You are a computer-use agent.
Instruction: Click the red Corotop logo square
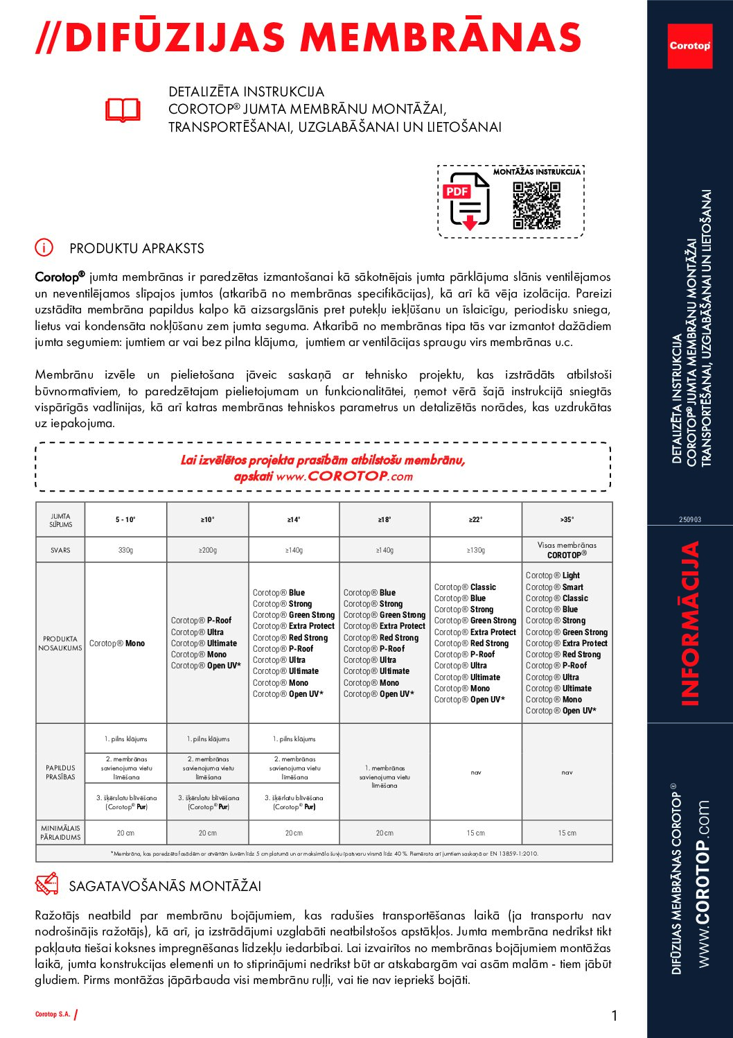click(689, 46)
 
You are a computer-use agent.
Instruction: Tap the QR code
click(536, 205)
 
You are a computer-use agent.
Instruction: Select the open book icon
click(123, 110)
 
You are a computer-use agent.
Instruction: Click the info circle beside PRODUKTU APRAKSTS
click(44, 248)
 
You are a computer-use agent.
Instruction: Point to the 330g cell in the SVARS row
click(125, 550)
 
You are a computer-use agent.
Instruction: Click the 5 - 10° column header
click(125, 519)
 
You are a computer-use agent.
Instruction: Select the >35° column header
click(567, 519)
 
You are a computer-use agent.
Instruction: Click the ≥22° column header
click(475, 519)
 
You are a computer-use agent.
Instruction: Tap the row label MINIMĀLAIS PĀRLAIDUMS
click(60, 833)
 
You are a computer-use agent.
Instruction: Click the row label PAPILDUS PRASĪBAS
click(60, 772)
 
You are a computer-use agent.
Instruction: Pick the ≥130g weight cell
click(475, 550)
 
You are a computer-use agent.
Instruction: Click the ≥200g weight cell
click(207, 550)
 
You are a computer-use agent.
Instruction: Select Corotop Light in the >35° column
click(552, 576)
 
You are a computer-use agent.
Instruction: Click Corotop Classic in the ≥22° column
click(465, 587)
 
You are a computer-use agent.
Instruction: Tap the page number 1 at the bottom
click(614, 1016)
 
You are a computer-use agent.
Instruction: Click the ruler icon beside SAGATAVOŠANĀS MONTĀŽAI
click(46, 885)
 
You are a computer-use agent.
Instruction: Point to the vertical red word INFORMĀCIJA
click(689, 623)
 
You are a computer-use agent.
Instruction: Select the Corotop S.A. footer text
click(53, 1014)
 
